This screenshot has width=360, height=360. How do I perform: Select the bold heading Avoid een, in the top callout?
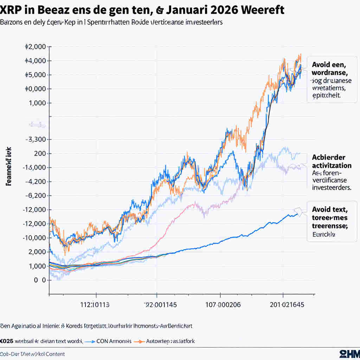tap(329, 65)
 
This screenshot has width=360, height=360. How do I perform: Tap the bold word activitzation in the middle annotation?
tap(331, 165)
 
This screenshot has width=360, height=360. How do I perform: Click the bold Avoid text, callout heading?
tap(329, 210)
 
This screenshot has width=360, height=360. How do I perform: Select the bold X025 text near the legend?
tap(7, 341)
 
